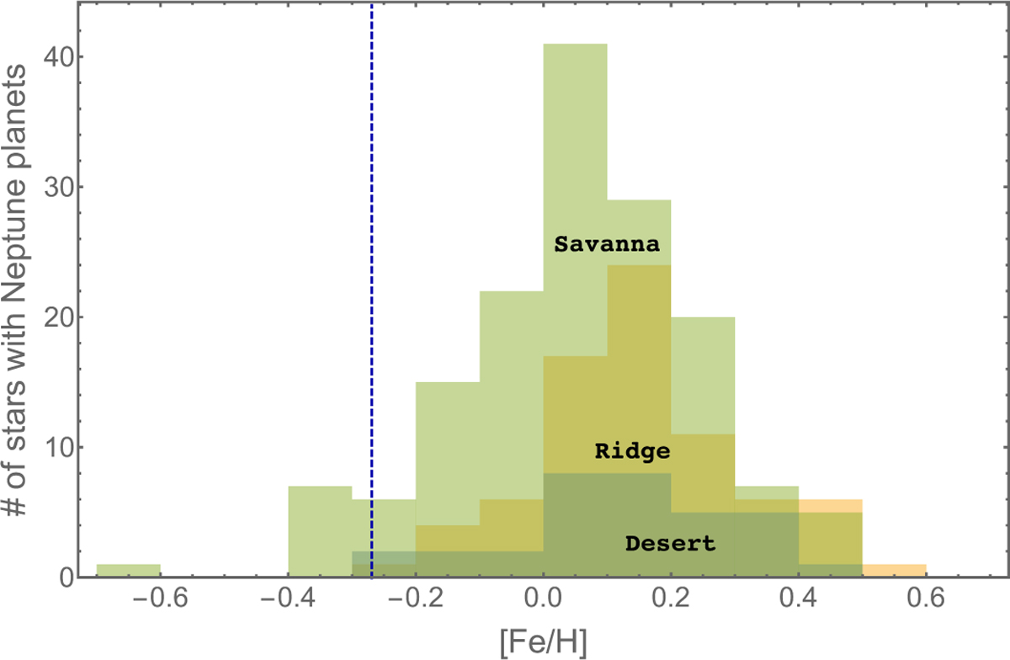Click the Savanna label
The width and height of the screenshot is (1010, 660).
tap(607, 244)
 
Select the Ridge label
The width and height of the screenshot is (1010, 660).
tap(632, 451)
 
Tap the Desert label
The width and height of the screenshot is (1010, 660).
tap(671, 544)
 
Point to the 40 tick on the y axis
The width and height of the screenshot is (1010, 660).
tap(59, 58)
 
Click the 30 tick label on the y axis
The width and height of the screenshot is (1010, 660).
tap(59, 187)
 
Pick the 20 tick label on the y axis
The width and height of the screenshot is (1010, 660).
tap(59, 317)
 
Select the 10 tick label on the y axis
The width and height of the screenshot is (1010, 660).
tap(59, 448)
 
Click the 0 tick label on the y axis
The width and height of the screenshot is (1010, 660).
tap(66, 577)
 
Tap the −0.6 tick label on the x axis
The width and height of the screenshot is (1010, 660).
tap(160, 599)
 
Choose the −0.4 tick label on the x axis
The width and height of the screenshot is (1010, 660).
tap(288, 599)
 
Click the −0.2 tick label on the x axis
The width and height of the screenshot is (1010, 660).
tap(415, 599)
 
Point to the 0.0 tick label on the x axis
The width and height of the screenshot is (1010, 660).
tap(544, 599)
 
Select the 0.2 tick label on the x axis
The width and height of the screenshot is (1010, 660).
tap(671, 599)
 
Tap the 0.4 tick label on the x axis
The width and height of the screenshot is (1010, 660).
tap(799, 599)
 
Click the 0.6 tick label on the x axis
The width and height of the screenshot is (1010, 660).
tap(926, 599)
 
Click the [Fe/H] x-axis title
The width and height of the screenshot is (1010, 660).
tap(544, 643)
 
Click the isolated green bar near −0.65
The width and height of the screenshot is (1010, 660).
tap(129, 571)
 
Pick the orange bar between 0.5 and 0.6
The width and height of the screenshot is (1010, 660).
tap(895, 571)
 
